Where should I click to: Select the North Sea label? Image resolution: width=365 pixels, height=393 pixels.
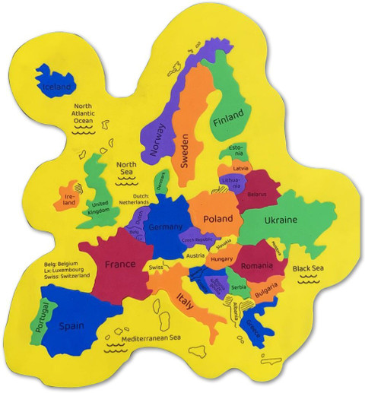coord(126,168)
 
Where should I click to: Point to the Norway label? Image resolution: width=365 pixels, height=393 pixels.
coord(159,141)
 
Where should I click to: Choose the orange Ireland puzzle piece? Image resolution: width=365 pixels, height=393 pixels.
coord(67,196)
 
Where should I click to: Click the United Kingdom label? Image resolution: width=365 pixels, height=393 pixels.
coord(100,208)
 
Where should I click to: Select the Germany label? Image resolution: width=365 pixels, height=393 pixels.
coord(166,227)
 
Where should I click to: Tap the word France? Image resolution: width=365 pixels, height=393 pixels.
coord(119,265)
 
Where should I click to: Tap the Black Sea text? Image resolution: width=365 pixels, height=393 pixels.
coord(311,268)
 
